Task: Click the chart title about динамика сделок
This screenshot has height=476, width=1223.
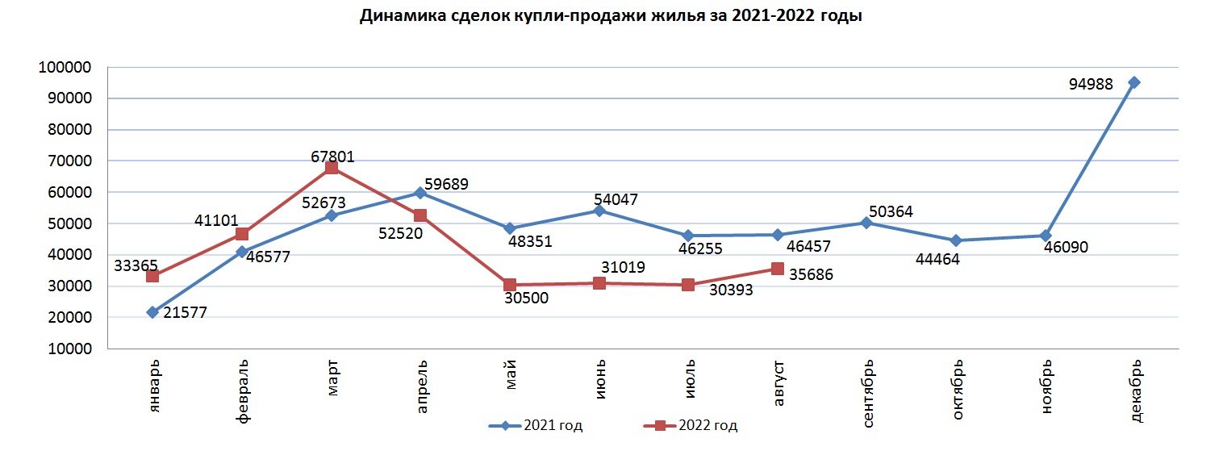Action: [x=611, y=16]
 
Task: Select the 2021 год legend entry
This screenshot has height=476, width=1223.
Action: [x=536, y=426]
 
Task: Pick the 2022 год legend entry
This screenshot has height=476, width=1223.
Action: [x=691, y=426]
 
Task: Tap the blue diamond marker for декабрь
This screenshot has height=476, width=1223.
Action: [x=1133, y=82]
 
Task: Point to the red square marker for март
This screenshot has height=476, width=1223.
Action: [x=331, y=168]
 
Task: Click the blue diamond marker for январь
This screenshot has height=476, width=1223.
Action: [x=152, y=312]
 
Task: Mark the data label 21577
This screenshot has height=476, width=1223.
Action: [x=185, y=313]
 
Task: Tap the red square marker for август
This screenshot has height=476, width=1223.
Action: [x=777, y=269]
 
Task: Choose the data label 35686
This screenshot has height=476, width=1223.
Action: [x=811, y=274]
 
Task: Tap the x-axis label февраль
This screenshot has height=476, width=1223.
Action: [x=243, y=391]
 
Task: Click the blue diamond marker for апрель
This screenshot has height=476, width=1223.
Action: [x=419, y=193]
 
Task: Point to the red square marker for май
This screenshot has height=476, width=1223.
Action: [x=510, y=285]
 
